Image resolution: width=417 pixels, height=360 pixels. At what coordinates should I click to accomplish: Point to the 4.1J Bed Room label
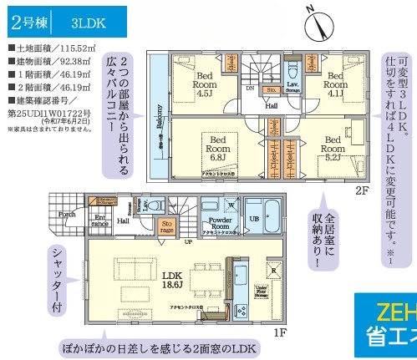coord(333,80)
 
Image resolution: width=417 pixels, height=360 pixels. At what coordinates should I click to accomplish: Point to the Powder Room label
coord(218,223)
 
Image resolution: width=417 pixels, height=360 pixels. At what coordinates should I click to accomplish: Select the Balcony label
coord(158,116)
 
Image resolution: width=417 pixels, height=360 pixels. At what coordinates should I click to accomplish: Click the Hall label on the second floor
coord(272,107)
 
